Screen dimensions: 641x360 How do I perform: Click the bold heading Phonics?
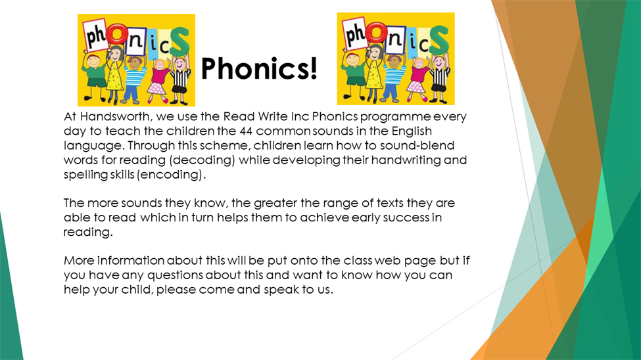(259, 68)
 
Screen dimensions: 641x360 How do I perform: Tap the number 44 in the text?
(246, 131)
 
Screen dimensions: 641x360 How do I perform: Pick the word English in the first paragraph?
(412, 132)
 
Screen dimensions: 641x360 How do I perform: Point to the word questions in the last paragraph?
(175, 275)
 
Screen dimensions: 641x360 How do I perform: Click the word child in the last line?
(137, 290)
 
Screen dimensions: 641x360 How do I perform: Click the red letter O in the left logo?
(118, 34)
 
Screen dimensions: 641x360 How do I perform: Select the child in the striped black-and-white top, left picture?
(180, 79)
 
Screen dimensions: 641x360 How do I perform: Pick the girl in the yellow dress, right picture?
(373, 73)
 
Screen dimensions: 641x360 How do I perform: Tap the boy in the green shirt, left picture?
(95, 75)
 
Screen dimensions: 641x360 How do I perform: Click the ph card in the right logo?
(354, 34)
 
